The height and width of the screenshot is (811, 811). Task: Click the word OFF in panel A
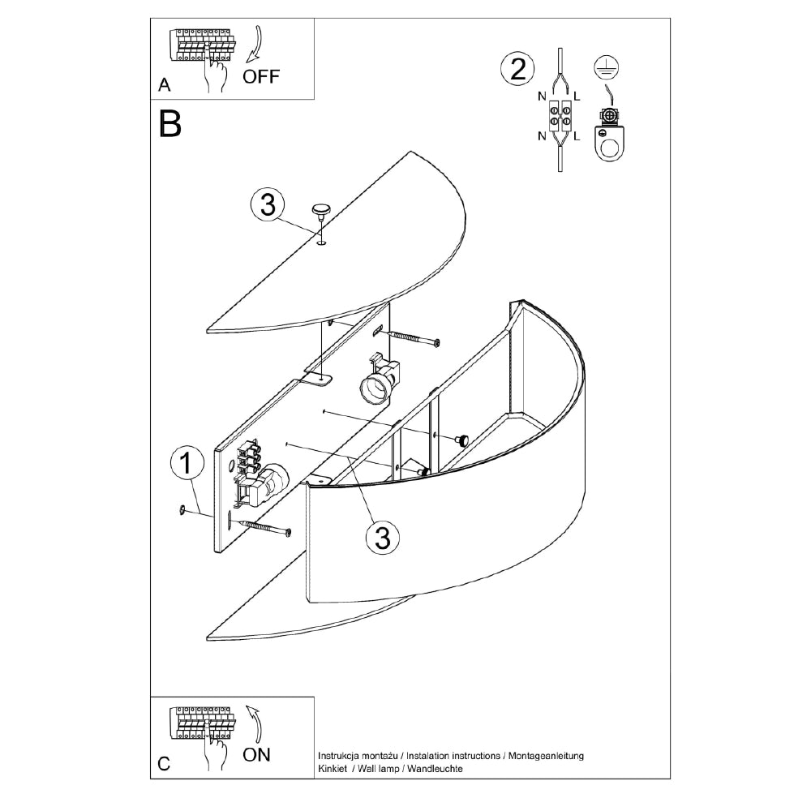(x=261, y=77)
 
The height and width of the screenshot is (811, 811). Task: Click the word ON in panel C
(x=257, y=755)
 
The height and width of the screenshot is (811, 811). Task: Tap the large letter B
(x=170, y=123)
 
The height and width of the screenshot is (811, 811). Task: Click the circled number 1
(x=187, y=464)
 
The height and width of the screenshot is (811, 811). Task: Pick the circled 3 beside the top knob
(x=267, y=205)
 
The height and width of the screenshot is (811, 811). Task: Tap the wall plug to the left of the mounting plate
(x=182, y=509)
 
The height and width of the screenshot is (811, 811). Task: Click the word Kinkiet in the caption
(x=333, y=767)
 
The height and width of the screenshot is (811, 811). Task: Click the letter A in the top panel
(x=165, y=85)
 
